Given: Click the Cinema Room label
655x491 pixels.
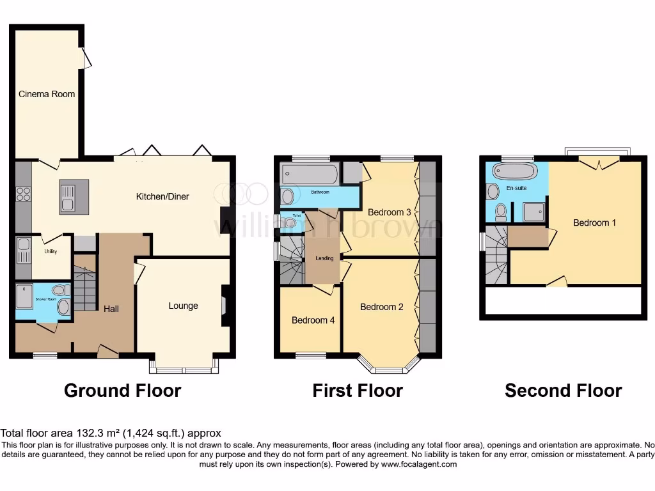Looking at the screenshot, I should point(46,94).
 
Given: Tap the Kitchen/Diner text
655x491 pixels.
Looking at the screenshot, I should point(162,196).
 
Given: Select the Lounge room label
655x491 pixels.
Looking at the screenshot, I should point(183,306).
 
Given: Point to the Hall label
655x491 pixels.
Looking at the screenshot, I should point(111,309).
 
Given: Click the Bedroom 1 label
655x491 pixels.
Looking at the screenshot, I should point(594,222).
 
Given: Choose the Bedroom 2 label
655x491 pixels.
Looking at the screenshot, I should point(382,307).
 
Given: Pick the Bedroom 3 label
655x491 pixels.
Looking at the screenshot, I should point(390,212).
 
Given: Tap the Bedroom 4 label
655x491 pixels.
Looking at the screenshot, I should point(313,320).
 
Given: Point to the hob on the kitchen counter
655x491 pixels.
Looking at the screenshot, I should point(24,194).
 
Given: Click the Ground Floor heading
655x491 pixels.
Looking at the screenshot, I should point(122,391).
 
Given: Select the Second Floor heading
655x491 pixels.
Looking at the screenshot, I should point(563,391).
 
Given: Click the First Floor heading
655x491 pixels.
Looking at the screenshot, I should point(358,391).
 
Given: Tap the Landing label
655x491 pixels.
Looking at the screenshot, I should point(324,258).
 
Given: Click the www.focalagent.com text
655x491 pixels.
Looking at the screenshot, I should point(418,464).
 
